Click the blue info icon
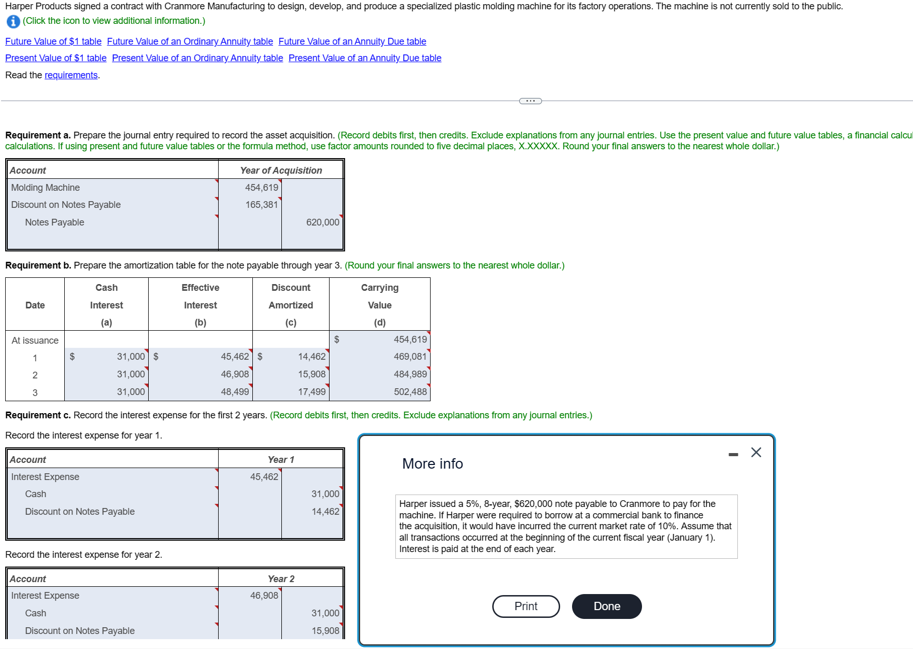click(x=13, y=21)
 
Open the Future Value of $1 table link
click(x=53, y=41)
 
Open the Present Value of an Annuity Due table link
click(x=365, y=58)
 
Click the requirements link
click(x=71, y=75)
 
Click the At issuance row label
click(x=35, y=341)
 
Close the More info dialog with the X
click(x=756, y=453)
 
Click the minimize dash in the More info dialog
click(x=733, y=455)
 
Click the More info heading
click(x=432, y=463)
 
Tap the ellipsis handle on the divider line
click(x=530, y=101)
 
